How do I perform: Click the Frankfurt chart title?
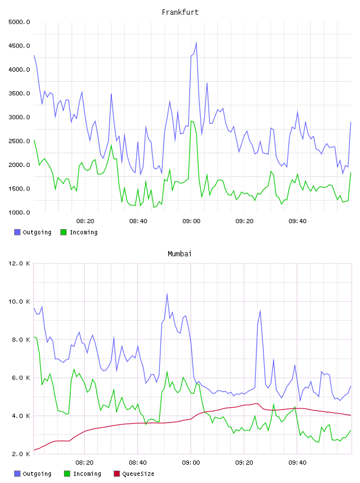point(180,12)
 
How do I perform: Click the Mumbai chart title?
point(179,254)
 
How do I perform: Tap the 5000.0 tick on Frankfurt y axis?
point(19,22)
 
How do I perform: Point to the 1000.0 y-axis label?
point(19,212)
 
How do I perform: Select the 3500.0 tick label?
point(19,94)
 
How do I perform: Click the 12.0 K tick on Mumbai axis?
point(19,263)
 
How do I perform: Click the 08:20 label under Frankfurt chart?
point(85,221)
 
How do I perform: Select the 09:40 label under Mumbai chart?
point(297,463)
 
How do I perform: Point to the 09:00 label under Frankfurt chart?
point(191,221)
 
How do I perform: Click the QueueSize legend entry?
point(134,474)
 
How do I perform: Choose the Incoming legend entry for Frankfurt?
point(79,232)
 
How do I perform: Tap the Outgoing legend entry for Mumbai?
point(33,474)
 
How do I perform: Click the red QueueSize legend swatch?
point(117,474)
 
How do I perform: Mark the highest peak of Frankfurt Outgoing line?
point(197,43)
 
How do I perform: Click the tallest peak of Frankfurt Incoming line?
point(191,121)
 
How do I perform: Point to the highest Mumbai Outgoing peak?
point(167,294)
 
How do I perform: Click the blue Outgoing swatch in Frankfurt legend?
point(17,232)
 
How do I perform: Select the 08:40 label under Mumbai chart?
point(138,463)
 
